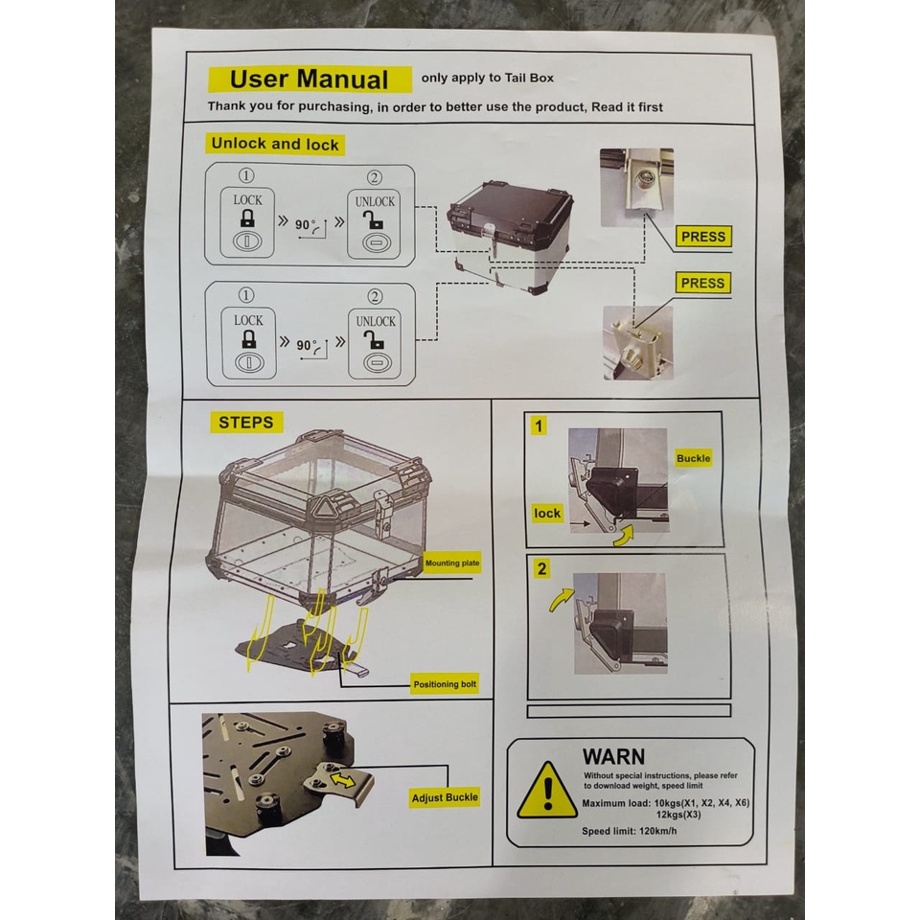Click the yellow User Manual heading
(x=310, y=80)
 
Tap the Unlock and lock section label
(x=275, y=145)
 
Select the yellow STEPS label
(x=246, y=423)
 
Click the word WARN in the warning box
(x=613, y=756)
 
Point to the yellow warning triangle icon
(x=547, y=791)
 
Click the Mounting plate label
(x=451, y=563)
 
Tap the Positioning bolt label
(x=445, y=684)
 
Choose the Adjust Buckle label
(x=445, y=798)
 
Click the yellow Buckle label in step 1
(x=694, y=458)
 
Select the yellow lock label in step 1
(x=547, y=514)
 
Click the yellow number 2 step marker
(x=541, y=568)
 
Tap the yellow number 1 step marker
(x=539, y=425)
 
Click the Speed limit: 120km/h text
(x=629, y=831)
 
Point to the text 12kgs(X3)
(x=678, y=815)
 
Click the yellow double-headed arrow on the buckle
(x=343, y=779)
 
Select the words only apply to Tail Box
(x=487, y=78)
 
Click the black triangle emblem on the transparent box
(x=323, y=506)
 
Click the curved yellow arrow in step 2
(x=561, y=600)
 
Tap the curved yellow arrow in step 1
(x=624, y=535)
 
